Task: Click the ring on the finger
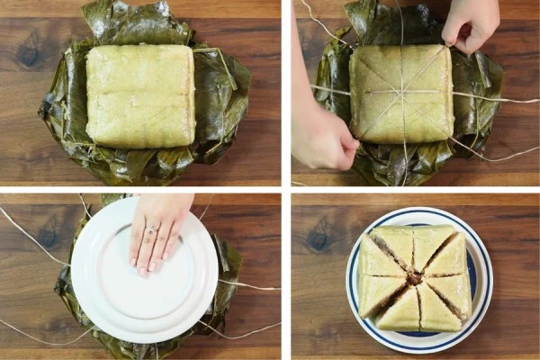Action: [151, 230]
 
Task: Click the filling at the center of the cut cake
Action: [414, 278]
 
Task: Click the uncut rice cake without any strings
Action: [139, 94]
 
